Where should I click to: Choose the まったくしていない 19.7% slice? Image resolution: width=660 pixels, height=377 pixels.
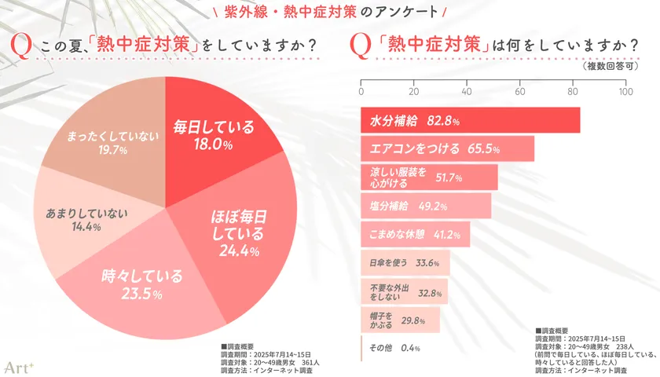point(102,141)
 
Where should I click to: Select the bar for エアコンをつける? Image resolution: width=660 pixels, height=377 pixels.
point(447,148)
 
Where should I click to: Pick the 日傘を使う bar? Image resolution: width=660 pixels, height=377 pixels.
point(405,262)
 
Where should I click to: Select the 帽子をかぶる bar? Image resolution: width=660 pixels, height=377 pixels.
point(400,320)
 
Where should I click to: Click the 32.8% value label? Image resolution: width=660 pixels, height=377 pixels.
point(430,292)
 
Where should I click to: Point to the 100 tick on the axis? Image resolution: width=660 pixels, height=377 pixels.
point(625,91)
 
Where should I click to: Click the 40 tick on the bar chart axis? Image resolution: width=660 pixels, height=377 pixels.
point(467,91)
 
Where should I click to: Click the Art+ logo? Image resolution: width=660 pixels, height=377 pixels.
point(17,366)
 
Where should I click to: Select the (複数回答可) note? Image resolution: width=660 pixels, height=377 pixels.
point(614,67)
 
